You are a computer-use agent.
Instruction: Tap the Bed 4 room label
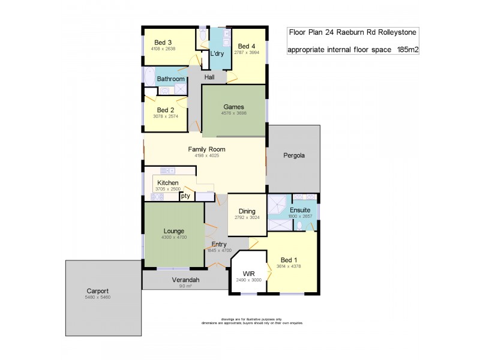[x=247, y=46]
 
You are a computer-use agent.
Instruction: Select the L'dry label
[x=217, y=54]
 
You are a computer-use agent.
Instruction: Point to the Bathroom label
[x=170, y=79]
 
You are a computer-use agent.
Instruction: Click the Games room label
[x=233, y=106]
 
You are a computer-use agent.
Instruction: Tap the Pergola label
[x=294, y=155]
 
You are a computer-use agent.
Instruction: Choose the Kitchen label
[x=168, y=182]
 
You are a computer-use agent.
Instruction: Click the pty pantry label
[x=185, y=196]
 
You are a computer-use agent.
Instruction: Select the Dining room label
[x=247, y=211]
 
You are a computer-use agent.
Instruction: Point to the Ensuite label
[x=299, y=210]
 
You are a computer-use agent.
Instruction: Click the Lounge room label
[x=174, y=231]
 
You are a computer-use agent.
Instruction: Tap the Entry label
[x=219, y=244]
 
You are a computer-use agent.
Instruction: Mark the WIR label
[x=250, y=274]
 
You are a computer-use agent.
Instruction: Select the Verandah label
[x=185, y=280]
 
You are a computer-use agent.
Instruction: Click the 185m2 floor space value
[x=407, y=50]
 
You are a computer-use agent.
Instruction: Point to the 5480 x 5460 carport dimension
[x=98, y=298]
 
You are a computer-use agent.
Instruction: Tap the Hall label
[x=209, y=77]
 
